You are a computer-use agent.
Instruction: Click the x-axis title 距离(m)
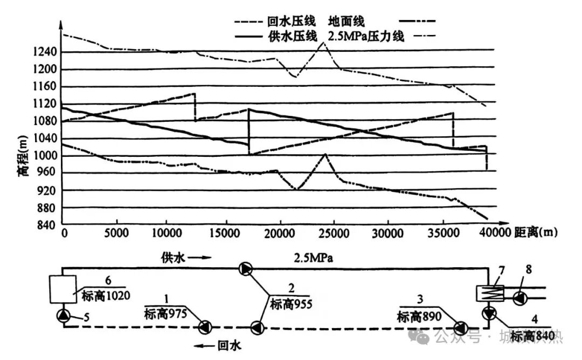pyautogui.click(x=536, y=232)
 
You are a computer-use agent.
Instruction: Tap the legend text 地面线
pyautogui.click(x=347, y=22)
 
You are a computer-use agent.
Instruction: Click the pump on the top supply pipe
pyautogui.click(x=245, y=268)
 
